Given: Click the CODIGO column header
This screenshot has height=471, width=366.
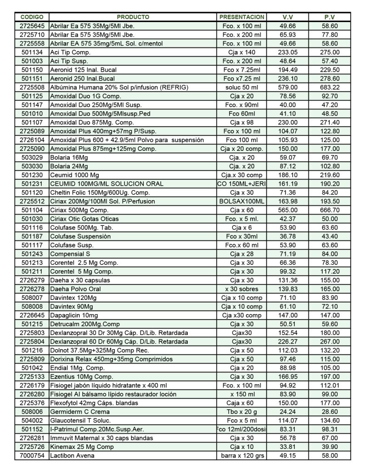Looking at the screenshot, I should click(32, 17).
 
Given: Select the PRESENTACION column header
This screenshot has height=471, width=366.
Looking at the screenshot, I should click(242, 17).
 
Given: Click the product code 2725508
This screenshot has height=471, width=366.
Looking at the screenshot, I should click(32, 87).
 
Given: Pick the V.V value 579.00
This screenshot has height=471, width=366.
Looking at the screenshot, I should click(287, 87).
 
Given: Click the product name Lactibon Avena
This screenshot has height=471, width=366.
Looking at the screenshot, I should click(72, 455).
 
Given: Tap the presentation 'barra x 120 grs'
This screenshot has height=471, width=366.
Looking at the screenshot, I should click(242, 455).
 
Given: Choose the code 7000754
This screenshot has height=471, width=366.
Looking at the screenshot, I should click(32, 455).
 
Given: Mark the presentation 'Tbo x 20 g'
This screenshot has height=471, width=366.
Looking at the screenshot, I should click(242, 412).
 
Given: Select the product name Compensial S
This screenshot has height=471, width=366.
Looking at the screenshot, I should click(70, 254).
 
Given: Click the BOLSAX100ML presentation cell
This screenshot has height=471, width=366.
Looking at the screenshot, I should click(242, 201).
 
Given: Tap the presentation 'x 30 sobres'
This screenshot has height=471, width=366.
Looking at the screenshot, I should click(242, 289).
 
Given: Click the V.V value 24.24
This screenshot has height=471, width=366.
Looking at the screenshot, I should click(287, 412).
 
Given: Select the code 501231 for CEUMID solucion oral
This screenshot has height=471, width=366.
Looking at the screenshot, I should click(32, 184).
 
